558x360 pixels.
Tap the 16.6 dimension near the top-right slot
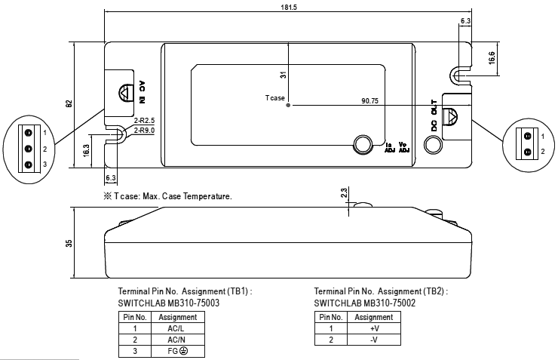[492, 57]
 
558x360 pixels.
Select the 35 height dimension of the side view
[69, 243]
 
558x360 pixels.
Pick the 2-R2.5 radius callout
[144, 121]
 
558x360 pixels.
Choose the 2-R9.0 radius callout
[144, 130]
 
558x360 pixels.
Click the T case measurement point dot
[289, 105]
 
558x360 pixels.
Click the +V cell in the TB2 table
[373, 328]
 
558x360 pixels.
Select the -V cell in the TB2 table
[373, 340]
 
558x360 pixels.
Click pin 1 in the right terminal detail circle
[528, 136]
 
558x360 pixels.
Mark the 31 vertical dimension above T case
[282, 75]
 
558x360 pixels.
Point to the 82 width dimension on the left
[69, 103]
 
